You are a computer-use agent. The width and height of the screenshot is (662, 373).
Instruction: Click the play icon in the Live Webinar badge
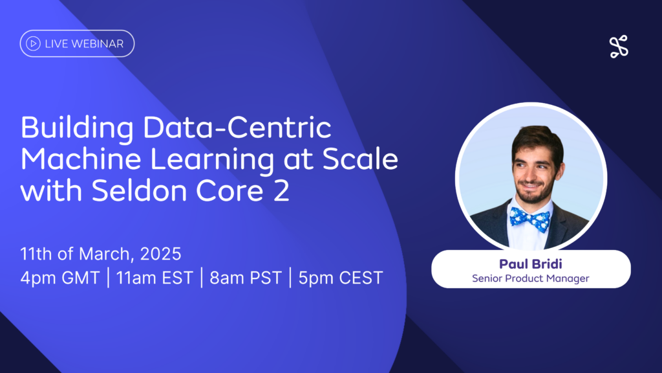[33, 43]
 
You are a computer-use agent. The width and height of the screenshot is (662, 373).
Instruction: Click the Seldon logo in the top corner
[619, 47]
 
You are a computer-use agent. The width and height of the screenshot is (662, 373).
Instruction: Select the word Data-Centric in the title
[237, 128]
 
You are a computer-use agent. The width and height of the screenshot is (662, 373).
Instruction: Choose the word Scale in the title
[360, 159]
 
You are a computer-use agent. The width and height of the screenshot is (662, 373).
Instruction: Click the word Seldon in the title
[140, 190]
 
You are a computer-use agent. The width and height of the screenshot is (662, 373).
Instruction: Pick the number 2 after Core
[281, 191]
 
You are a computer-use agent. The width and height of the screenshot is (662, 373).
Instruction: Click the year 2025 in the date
[160, 254]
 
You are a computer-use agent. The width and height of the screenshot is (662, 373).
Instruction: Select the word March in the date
[107, 254]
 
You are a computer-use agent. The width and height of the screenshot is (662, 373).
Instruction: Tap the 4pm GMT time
[60, 278]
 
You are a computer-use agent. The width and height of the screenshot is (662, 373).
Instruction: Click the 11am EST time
[155, 278]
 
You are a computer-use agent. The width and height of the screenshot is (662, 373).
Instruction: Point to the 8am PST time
[246, 278]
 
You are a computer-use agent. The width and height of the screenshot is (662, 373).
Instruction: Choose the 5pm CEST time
[341, 278]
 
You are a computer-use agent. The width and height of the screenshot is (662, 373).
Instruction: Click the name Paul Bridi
[531, 264]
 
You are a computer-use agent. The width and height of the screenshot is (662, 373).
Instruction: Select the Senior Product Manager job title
[531, 278]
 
